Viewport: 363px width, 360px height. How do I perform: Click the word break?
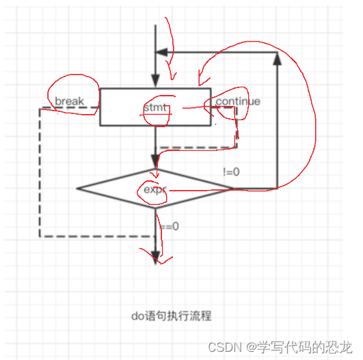[69, 102]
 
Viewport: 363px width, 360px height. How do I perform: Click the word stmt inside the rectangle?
[155, 108]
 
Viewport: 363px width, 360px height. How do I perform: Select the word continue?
[237, 102]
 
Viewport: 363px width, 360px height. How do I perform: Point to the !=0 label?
[231, 171]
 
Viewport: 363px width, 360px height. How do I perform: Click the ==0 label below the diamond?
[169, 226]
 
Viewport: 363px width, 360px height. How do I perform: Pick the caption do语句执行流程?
[171, 316]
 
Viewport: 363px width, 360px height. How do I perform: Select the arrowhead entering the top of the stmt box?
[156, 82]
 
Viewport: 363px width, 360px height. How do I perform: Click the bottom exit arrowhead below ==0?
[156, 258]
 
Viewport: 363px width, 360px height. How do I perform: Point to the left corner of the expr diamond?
[77, 188]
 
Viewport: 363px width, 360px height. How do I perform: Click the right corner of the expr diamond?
[234, 188]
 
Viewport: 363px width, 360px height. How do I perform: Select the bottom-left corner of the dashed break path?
[40, 236]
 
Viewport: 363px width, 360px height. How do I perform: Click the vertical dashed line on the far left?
[40, 171]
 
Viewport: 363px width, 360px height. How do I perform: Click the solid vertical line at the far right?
[277, 123]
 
